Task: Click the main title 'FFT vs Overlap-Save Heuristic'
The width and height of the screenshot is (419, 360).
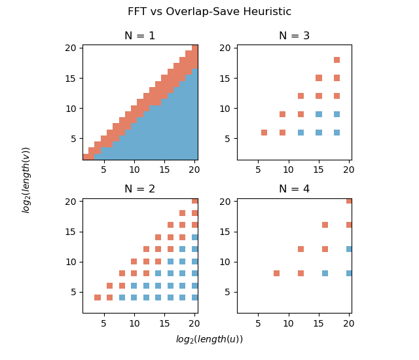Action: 209,12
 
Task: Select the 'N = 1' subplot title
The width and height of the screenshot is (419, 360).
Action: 140,36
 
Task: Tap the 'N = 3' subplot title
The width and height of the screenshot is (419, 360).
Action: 294,36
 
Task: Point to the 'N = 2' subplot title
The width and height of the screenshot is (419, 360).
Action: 140,189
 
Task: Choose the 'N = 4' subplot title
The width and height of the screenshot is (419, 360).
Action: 294,189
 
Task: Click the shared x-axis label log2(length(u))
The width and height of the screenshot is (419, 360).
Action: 209,339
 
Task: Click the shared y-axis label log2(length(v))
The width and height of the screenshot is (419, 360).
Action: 26,179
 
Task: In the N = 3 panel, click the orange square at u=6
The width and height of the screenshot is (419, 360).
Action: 264,132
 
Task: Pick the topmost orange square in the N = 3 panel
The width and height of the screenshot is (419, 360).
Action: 337,60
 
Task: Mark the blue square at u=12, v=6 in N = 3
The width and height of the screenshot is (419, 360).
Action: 301,132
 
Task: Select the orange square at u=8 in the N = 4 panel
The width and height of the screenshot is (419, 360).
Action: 276,273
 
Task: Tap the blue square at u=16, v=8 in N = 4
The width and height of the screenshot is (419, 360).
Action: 325,273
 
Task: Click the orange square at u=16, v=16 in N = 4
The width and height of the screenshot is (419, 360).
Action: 325,225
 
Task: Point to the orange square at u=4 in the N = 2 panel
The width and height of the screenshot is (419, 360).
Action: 98,297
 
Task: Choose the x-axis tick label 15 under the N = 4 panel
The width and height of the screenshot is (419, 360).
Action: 319,320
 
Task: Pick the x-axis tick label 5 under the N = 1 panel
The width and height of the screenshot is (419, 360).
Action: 103,167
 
